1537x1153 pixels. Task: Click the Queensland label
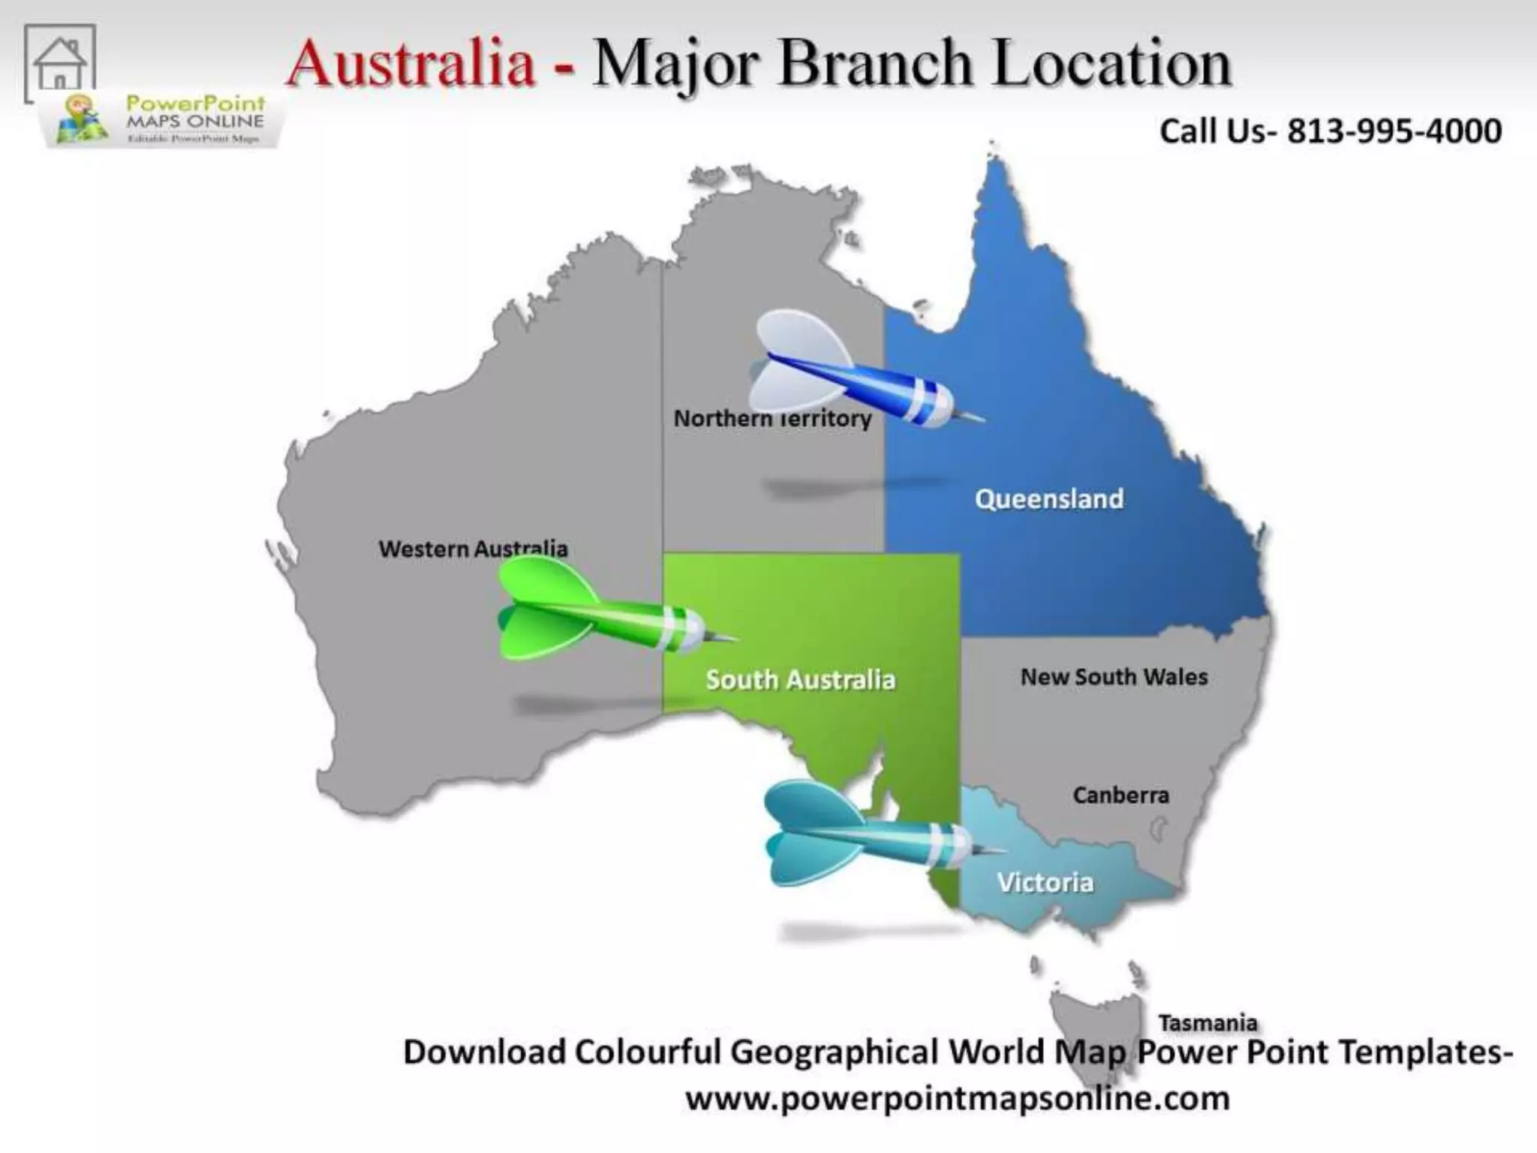[1048, 499]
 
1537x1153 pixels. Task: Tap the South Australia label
[800, 680]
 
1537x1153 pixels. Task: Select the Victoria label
[1045, 883]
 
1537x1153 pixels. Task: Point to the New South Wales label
[1114, 677]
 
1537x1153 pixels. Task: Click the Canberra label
[1120, 795]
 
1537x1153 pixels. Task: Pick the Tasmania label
[1208, 1022]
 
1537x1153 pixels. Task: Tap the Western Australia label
[473, 549]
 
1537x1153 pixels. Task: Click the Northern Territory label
[772, 418]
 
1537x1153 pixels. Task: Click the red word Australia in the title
[411, 63]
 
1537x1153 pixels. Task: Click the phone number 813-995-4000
[1394, 131]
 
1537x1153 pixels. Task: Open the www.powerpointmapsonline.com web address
[958, 1098]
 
